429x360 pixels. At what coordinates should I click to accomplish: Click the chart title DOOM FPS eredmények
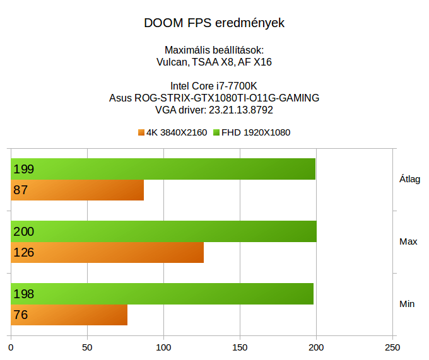[214, 23]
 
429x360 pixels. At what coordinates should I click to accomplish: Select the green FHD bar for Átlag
[163, 169]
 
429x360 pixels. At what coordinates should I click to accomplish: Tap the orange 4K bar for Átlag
[77, 190]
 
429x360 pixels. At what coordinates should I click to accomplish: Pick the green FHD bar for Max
[163, 231]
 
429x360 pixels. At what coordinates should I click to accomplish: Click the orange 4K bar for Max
[107, 252]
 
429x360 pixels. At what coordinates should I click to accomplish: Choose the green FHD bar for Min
[162, 294]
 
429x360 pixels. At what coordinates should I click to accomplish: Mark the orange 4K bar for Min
[69, 315]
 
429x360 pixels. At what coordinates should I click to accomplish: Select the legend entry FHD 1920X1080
[252, 132]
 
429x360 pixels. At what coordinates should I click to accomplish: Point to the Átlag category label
[409, 179]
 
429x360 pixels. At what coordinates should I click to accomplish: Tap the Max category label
[408, 241]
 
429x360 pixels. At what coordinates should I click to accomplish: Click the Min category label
[408, 304]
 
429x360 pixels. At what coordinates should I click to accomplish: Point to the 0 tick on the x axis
[11, 347]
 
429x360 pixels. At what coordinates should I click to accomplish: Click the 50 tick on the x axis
[88, 347]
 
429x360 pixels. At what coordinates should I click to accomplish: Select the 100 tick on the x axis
[164, 347]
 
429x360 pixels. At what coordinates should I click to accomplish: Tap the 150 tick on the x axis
[240, 347]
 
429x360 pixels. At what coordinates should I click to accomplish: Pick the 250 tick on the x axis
[392, 347]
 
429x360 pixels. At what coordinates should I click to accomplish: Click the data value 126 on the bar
[23, 253]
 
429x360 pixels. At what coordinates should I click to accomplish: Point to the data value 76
[20, 315]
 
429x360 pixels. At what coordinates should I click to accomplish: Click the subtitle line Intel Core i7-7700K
[214, 86]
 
